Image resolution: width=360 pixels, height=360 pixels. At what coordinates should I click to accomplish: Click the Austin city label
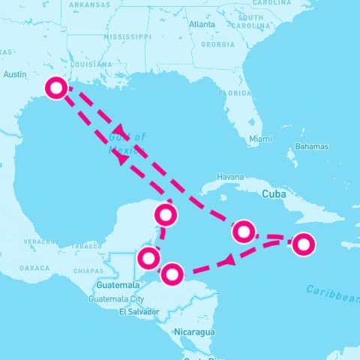click(15, 74)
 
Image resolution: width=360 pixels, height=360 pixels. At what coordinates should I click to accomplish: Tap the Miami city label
click(261, 139)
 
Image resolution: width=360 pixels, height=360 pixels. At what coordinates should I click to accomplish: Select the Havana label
click(229, 177)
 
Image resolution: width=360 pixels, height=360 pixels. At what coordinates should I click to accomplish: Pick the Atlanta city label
click(202, 24)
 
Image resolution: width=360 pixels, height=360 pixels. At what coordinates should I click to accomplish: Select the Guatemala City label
click(115, 298)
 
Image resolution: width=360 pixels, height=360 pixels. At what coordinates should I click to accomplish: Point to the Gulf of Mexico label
click(127, 142)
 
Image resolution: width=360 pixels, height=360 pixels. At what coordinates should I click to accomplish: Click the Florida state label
click(233, 93)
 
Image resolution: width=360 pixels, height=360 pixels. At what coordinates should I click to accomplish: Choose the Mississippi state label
click(127, 36)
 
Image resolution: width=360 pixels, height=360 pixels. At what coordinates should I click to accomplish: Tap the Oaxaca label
click(34, 268)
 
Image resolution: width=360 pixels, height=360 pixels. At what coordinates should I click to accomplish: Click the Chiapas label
click(89, 270)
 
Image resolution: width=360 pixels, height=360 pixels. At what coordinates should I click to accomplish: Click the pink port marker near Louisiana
click(55, 88)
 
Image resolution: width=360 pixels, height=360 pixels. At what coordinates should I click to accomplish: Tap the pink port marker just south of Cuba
click(242, 231)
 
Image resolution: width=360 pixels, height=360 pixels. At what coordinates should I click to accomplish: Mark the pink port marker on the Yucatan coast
click(166, 216)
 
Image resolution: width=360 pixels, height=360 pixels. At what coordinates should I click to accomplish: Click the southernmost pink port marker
click(172, 274)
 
